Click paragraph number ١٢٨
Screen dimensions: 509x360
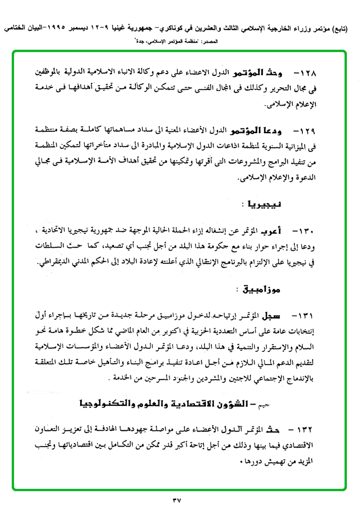point(307,74)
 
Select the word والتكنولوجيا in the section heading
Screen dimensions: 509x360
point(105,403)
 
